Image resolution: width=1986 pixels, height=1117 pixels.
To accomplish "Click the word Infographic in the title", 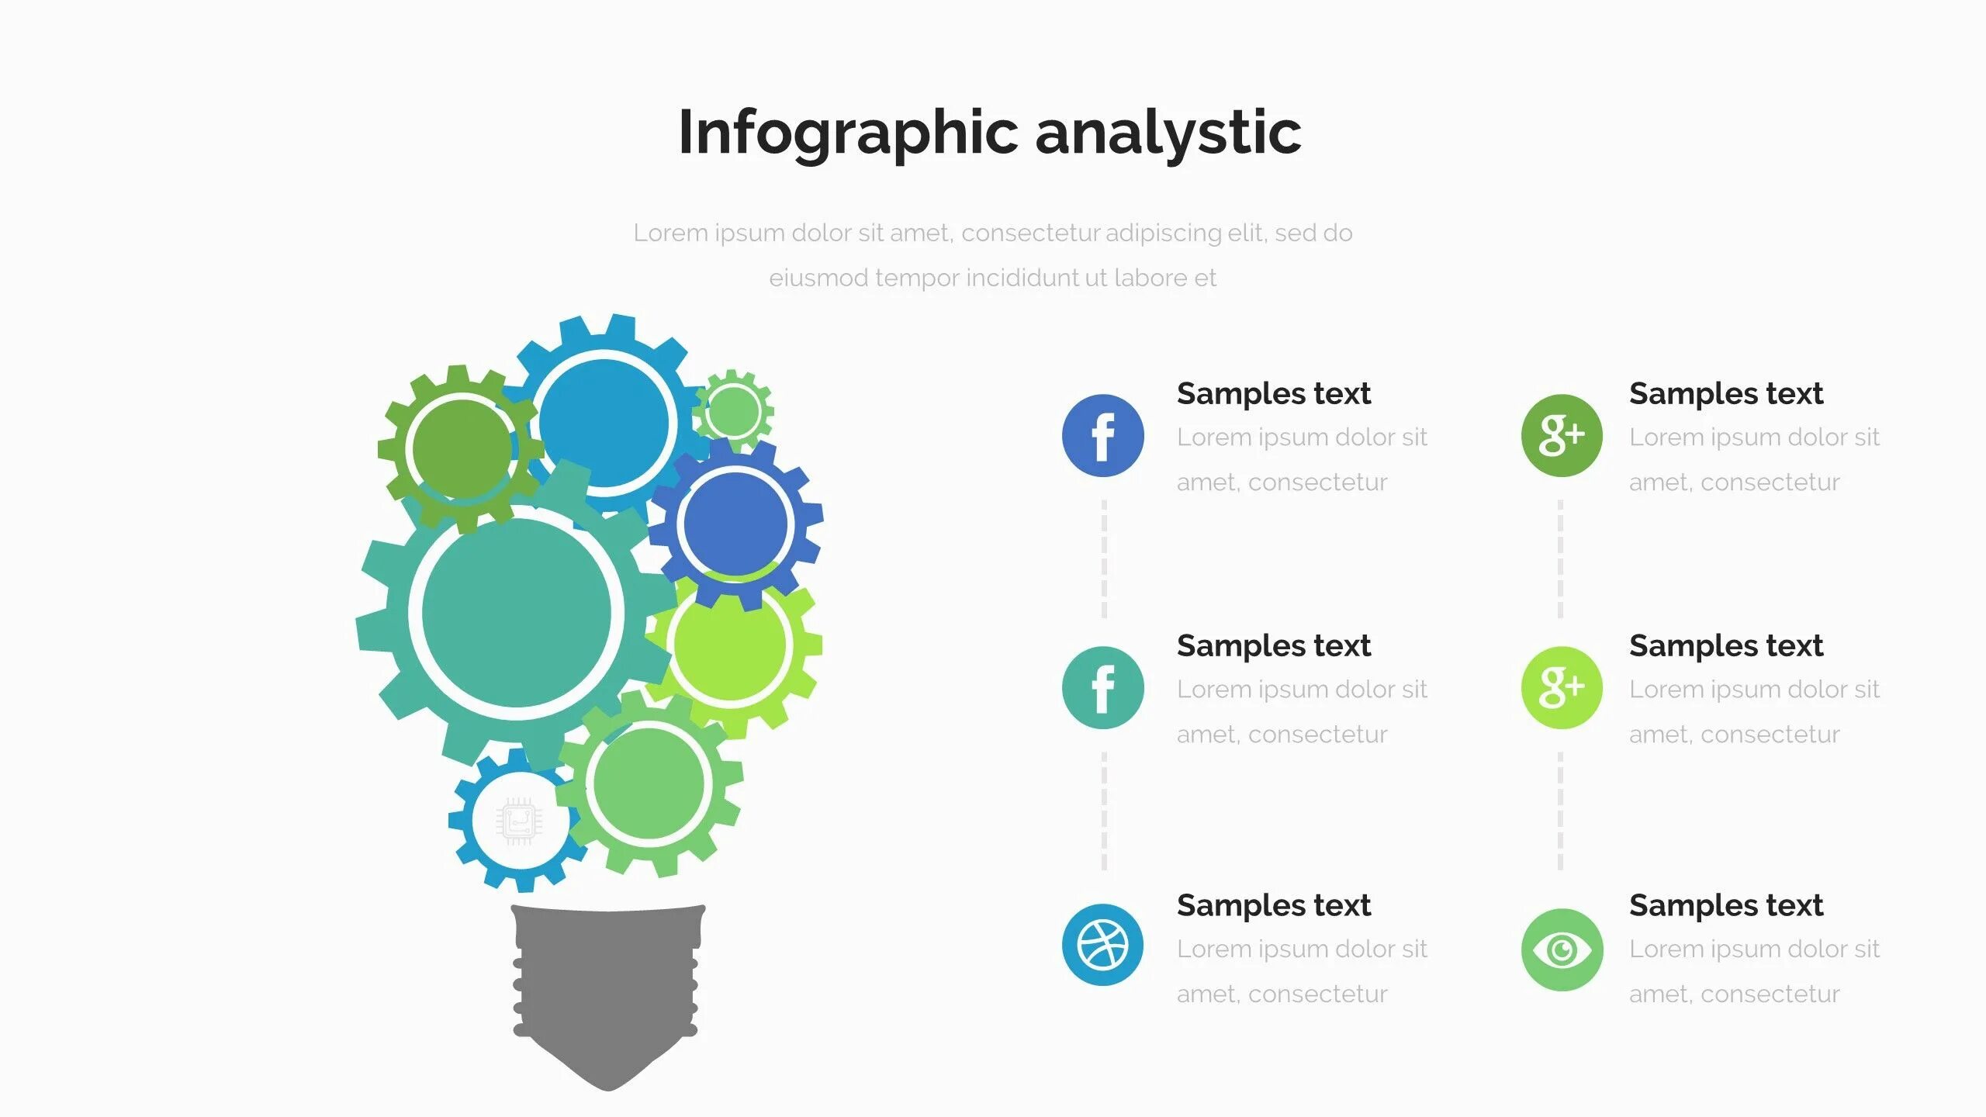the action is point(847,133).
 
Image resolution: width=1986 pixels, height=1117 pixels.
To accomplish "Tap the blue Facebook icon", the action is point(1102,435).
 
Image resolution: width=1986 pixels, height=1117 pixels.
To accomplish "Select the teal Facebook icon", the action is point(1102,687).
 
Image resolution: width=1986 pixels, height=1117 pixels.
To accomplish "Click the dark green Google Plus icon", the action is point(1561,435).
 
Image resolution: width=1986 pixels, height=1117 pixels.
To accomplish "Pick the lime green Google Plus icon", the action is point(1561,687).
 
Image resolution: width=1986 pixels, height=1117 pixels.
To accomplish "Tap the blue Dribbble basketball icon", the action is point(1102,945).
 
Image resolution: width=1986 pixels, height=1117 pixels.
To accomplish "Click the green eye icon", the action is point(1561,949).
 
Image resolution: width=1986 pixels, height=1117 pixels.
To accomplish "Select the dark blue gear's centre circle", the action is point(735,524).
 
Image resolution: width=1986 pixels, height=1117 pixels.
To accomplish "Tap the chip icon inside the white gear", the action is point(519,821).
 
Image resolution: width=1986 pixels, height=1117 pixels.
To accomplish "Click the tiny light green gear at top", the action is point(734,410).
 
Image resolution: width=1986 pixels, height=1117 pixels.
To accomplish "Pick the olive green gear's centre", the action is point(462,448).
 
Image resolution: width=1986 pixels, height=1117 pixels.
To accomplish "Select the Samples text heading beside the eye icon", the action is point(1725,905).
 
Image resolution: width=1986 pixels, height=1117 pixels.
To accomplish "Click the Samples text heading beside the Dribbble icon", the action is point(1273,905).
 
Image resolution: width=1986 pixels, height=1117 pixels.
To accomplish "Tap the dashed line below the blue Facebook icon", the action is point(1104,558).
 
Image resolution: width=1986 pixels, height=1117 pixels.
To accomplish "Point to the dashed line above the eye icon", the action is point(1560,811).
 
